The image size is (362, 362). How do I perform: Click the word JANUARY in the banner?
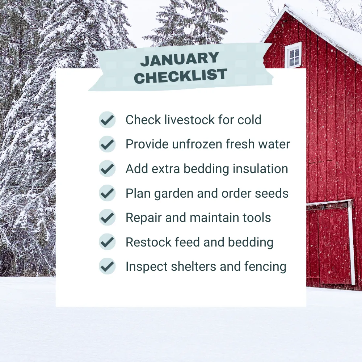180,59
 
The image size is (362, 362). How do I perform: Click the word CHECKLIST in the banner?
181,76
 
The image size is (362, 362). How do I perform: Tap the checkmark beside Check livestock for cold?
107,120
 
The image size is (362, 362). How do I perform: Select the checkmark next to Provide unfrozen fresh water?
107,144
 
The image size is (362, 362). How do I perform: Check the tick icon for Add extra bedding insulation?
107,169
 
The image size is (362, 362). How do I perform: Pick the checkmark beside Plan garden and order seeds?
107,193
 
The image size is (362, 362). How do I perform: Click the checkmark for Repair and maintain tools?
107,218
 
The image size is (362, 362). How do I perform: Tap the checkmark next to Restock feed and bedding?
107,242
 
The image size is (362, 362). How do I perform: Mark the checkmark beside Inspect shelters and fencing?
107,266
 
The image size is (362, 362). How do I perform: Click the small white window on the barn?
293,55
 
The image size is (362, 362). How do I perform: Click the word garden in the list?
174,194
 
